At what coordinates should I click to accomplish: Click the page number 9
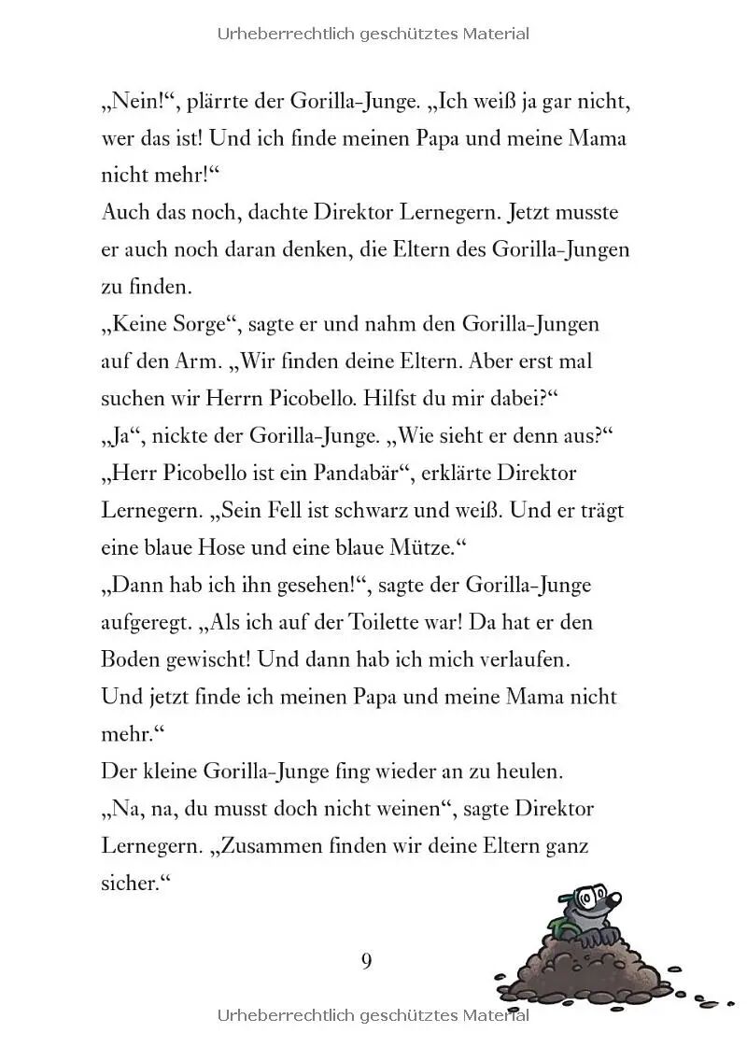pyautogui.click(x=366, y=960)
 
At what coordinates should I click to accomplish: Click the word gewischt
pyautogui.click(x=202, y=660)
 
